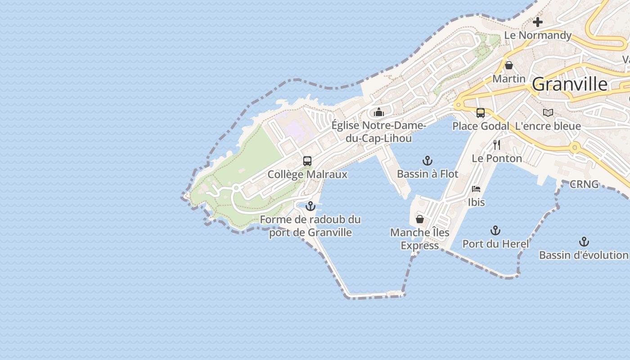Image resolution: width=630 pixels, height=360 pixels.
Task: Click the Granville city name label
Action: (x=569, y=84)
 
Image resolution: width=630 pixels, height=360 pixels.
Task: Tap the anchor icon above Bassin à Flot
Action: (x=427, y=161)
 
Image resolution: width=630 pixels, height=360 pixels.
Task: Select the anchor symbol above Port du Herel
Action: (x=495, y=231)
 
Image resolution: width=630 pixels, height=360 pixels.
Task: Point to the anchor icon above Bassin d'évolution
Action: (x=584, y=242)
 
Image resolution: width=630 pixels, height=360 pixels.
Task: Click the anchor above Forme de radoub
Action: (x=310, y=207)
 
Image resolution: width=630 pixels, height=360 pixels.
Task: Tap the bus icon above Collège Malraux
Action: (x=307, y=161)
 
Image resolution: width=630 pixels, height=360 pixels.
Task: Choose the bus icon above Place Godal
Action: (x=481, y=113)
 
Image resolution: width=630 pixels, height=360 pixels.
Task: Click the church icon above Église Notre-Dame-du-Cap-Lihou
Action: (x=379, y=112)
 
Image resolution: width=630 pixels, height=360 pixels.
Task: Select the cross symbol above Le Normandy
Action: (x=538, y=22)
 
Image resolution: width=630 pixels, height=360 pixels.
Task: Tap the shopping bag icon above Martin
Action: (x=509, y=66)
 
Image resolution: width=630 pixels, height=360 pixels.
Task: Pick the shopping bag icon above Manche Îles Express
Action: (x=420, y=220)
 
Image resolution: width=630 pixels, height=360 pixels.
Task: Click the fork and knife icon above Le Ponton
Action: (x=497, y=145)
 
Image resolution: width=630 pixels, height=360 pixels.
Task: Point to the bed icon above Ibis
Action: (x=476, y=189)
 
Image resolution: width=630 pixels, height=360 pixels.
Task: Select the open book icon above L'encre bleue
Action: (x=548, y=113)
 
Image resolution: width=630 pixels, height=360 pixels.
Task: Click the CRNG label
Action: (x=584, y=184)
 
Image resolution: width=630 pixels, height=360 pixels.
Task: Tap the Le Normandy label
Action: (x=538, y=35)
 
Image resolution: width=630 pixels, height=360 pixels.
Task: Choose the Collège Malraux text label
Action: (x=307, y=174)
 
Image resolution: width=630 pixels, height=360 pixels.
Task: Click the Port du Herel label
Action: (x=495, y=244)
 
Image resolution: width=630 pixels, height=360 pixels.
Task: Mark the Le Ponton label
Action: (x=497, y=158)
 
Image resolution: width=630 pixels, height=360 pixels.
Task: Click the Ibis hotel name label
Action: (x=476, y=202)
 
